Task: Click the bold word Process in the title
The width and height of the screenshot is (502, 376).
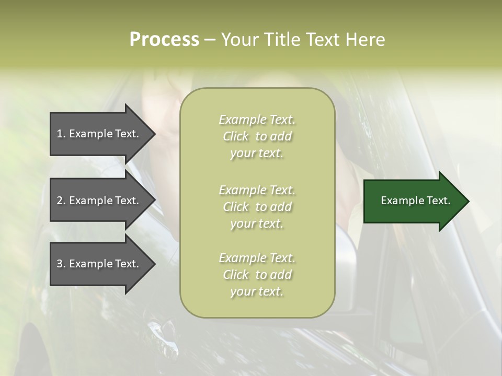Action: point(164,40)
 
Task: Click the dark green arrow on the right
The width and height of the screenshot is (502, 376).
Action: point(413,201)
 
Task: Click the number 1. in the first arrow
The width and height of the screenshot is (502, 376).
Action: point(61,134)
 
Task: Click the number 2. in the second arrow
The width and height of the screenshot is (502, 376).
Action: point(61,201)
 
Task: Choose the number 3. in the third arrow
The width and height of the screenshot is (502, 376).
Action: point(61,264)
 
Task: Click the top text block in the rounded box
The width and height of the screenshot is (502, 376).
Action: point(257,136)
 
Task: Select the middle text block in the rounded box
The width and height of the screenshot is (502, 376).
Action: point(257,206)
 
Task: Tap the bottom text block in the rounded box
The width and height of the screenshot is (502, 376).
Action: point(257,275)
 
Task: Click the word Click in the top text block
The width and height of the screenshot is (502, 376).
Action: point(236,137)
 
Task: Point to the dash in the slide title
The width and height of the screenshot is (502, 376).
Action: point(210,40)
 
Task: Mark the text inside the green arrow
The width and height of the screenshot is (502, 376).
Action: point(415,201)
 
